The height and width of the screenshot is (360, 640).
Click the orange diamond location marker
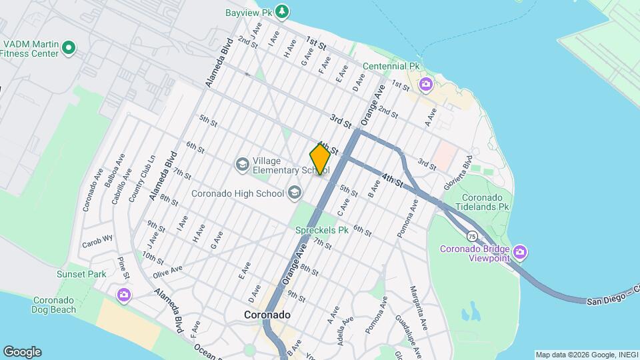point(320,159)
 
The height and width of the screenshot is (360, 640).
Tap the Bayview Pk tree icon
point(283,11)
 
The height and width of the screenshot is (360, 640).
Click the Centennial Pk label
point(391,67)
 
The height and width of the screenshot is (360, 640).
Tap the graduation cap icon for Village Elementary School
point(241,163)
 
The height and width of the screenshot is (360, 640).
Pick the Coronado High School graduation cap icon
point(293,193)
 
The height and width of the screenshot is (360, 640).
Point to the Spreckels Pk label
point(323,230)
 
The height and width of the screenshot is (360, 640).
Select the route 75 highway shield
point(471,236)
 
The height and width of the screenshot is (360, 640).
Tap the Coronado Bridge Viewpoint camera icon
point(521,253)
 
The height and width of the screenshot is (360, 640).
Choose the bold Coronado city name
point(267,315)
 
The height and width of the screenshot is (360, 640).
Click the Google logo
point(22,352)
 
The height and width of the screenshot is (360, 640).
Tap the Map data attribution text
point(586,354)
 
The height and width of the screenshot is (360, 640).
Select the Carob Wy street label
point(99,238)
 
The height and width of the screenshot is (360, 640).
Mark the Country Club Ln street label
point(141,178)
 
